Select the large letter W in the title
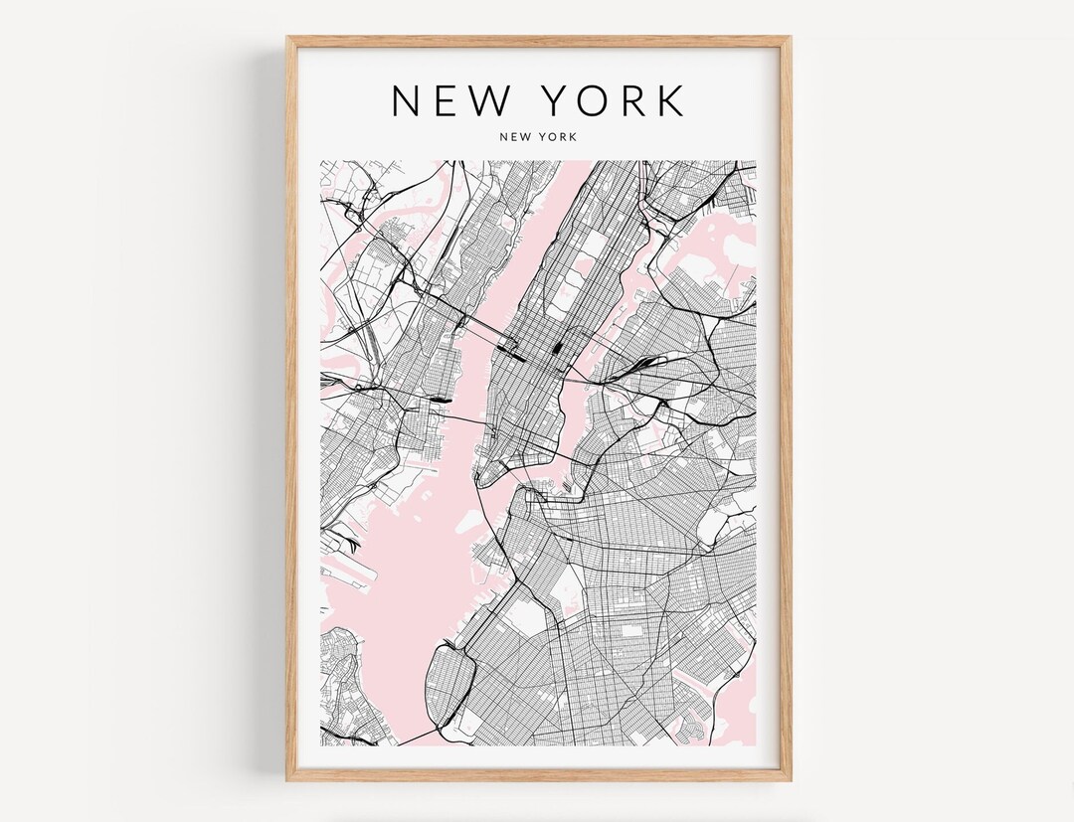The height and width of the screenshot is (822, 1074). [x=491, y=100]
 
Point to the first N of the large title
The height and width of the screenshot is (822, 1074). [x=406, y=100]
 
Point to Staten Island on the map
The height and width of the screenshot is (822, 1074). [x=343, y=686]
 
